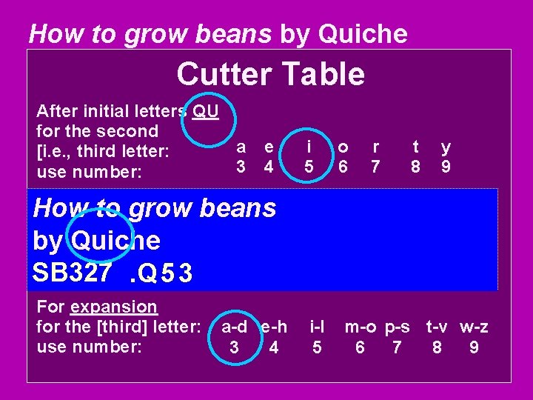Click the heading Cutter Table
tap(270, 75)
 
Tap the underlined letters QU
tap(205, 112)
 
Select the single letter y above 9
tap(445, 148)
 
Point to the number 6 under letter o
tap(343, 167)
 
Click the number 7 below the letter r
tap(375, 167)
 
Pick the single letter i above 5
tap(308, 148)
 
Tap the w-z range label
tap(474, 327)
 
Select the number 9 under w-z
tap(474, 347)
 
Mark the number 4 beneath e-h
tap(275, 347)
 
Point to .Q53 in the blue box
tap(161, 274)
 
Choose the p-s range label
tap(398, 327)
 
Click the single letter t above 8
tap(415, 148)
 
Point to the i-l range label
tap(317, 327)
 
